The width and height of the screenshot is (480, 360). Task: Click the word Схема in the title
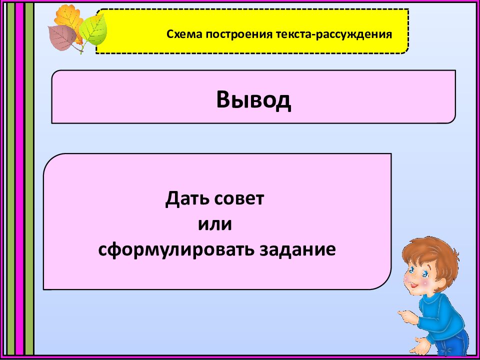(182, 34)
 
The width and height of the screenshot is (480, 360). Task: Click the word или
(215, 224)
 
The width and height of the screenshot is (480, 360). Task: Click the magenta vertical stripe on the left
(19, 180)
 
